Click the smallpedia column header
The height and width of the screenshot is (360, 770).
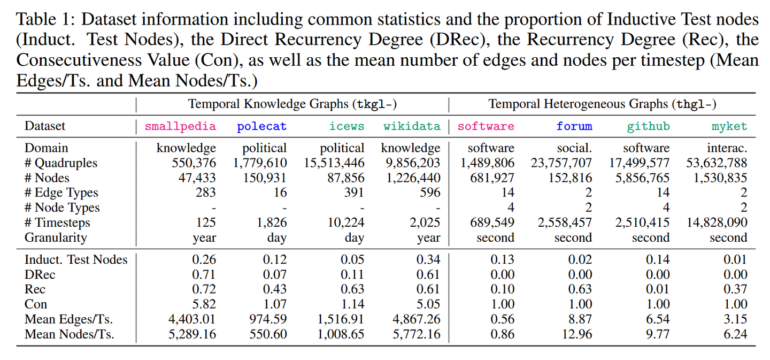(x=180, y=127)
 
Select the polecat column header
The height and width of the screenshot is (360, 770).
(x=261, y=127)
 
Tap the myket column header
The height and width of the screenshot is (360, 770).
(x=729, y=127)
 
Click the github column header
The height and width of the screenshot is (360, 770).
(x=648, y=127)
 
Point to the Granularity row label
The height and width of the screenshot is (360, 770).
(x=56, y=238)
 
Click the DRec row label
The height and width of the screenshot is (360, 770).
(x=40, y=274)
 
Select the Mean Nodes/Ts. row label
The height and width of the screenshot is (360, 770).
(x=70, y=334)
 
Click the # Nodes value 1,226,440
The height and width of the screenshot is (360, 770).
(x=411, y=178)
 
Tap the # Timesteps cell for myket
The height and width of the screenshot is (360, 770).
(x=717, y=223)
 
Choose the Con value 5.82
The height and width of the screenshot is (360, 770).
(x=204, y=304)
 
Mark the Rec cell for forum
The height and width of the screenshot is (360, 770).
(x=580, y=289)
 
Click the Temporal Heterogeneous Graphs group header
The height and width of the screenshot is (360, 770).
(x=602, y=104)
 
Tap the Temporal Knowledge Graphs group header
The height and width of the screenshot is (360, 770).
(x=292, y=104)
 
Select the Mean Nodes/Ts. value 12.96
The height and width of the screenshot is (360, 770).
(x=576, y=334)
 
